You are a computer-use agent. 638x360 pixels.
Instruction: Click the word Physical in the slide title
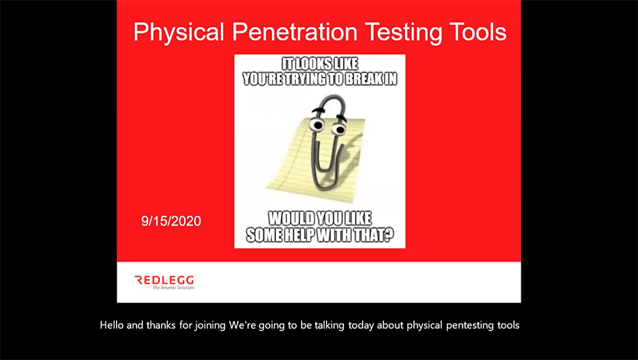coord(179,32)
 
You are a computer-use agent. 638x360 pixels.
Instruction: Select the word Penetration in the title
coord(295,32)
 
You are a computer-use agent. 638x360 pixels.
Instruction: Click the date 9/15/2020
coord(171,221)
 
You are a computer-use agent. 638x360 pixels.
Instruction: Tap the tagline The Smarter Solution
coord(173,287)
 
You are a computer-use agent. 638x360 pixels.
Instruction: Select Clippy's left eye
coord(317,124)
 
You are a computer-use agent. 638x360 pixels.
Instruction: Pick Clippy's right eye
coord(338,129)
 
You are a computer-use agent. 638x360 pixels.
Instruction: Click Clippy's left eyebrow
coord(319,109)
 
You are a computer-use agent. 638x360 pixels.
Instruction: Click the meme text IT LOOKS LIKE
coord(320,64)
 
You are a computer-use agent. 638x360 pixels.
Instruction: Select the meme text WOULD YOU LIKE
coord(320,219)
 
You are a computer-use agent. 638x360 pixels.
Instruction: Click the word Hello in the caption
coord(112,325)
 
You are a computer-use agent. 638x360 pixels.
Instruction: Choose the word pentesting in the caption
coord(471,326)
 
